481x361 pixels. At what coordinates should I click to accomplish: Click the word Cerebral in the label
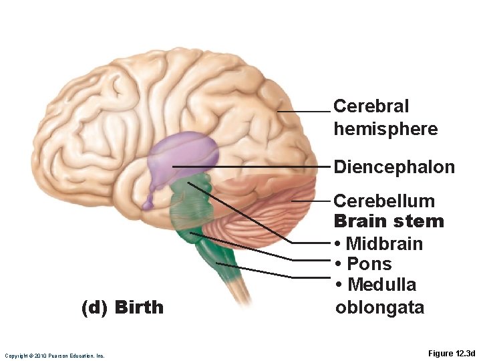click(x=371, y=106)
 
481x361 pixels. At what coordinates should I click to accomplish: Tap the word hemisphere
click(x=385, y=128)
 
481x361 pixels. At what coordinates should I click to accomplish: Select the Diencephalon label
click(x=393, y=166)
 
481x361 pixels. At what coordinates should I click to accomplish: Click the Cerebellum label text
click(x=383, y=201)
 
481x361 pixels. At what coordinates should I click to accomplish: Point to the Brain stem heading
click(x=388, y=221)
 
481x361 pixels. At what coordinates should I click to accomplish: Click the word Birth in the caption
click(x=139, y=308)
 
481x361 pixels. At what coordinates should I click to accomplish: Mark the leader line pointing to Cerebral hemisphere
click(x=304, y=112)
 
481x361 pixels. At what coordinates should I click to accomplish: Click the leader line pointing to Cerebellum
click(x=311, y=201)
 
